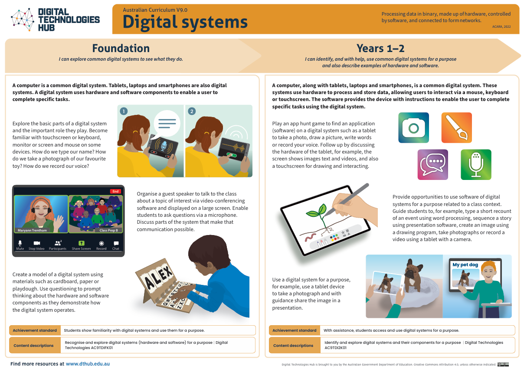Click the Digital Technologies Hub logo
(55, 19)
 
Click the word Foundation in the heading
(121, 48)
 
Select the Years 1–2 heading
(380, 48)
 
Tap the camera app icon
(413, 128)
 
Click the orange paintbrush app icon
(456, 128)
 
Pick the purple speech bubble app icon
(433, 164)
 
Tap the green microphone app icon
(476, 164)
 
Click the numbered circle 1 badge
(124, 111)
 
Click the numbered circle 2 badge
(192, 111)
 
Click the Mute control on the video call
(20, 245)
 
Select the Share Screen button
(81, 245)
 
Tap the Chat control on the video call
(116, 245)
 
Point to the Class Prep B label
(108, 230)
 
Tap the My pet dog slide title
(465, 265)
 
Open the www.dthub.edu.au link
(88, 364)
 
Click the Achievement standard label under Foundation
(35, 330)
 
